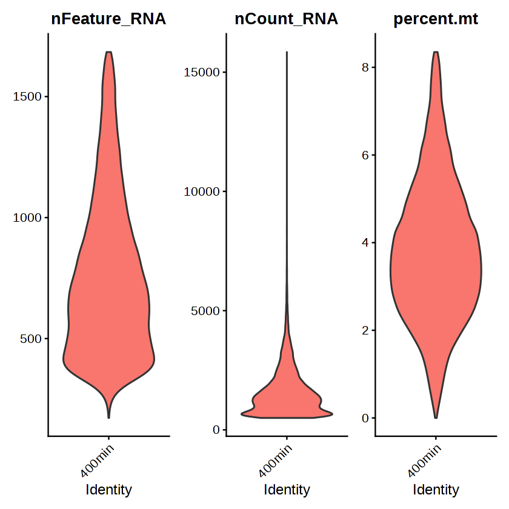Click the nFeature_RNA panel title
point(108,19)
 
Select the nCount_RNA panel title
point(286,19)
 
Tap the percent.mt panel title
point(436,19)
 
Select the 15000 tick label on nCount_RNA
point(202,72)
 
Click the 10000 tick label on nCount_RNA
point(202,191)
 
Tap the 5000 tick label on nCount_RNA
point(205,311)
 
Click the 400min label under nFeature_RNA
point(97,461)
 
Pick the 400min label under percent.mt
point(424,461)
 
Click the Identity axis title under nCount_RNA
point(287,490)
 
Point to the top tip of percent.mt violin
point(436,52)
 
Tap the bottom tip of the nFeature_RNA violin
point(108,418)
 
